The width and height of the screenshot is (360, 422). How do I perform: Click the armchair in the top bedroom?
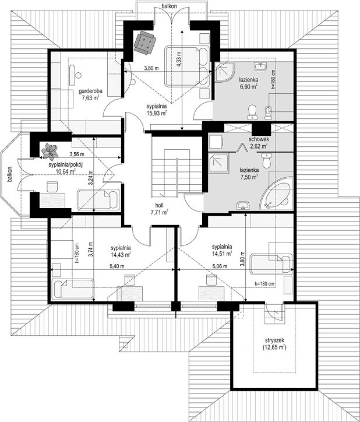[x=145, y=43]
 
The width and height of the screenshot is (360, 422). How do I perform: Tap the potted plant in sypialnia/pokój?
[x=50, y=152]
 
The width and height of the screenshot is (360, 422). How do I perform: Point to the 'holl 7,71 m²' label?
[x=160, y=209]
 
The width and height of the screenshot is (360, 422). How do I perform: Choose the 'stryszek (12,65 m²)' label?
[x=274, y=344]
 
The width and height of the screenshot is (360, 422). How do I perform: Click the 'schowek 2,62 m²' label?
[x=259, y=143]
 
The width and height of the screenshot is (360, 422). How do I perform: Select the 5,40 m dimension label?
[x=117, y=266]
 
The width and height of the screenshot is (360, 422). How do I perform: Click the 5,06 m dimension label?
[x=220, y=266]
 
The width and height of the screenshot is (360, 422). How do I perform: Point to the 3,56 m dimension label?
[x=77, y=154]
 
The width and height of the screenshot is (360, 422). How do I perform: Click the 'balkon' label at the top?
[x=170, y=6]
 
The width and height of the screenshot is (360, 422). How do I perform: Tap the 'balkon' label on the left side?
[x=10, y=175]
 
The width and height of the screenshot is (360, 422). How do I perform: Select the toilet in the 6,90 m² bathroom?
[x=252, y=112]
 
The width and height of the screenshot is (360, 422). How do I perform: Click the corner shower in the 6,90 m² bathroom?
[x=225, y=72]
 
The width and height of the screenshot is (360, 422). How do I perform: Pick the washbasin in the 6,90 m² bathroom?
[x=260, y=66]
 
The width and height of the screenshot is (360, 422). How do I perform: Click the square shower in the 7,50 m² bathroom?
[x=219, y=163]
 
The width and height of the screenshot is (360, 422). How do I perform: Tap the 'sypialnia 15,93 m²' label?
[x=157, y=110]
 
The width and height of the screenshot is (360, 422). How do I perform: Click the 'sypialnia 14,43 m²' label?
[x=121, y=251]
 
